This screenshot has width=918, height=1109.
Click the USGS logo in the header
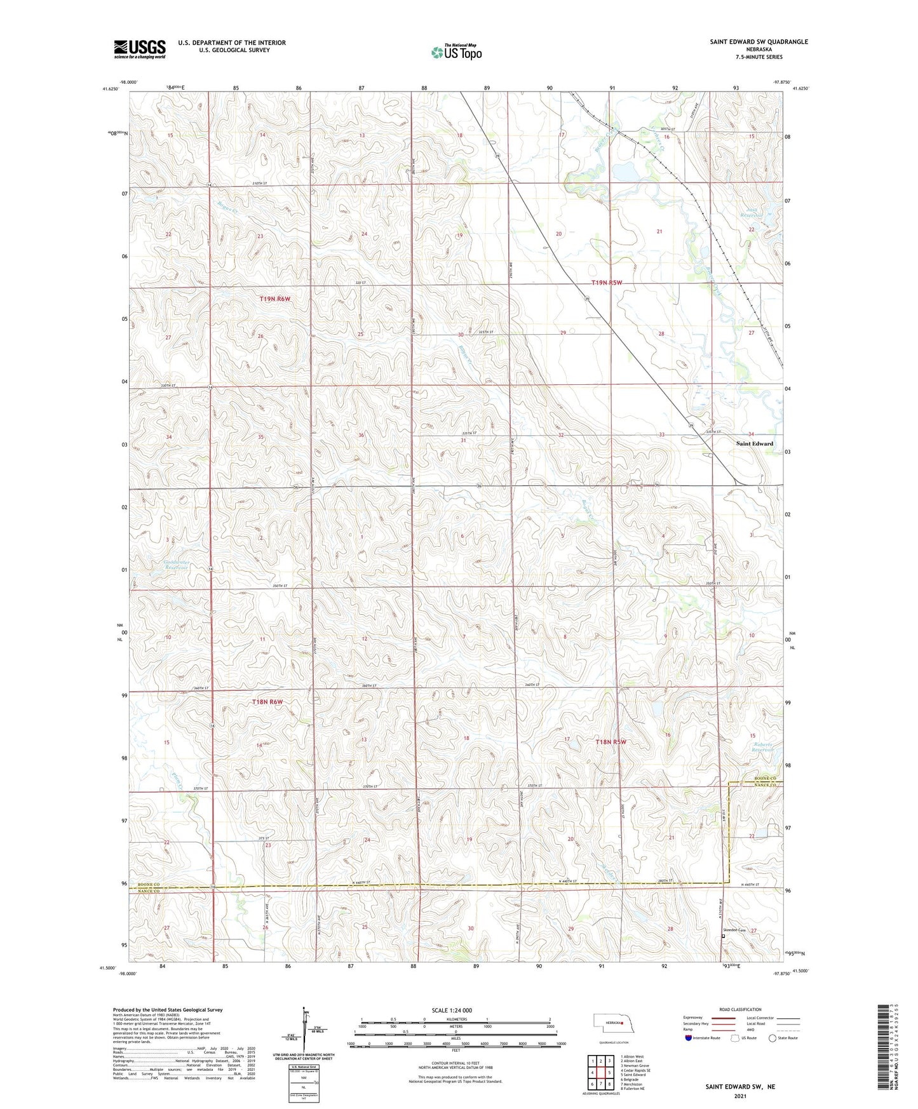point(139,49)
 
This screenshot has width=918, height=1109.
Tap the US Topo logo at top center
point(456,51)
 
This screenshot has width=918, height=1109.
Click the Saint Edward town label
point(754,443)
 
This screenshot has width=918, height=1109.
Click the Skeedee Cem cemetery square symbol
point(723,935)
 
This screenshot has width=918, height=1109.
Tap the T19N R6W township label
point(274,299)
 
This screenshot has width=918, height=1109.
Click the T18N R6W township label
point(267,702)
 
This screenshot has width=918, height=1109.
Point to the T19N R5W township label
point(607,283)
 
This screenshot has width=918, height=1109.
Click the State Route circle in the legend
point(773,1038)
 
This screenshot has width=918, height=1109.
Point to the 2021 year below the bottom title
point(739,1096)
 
